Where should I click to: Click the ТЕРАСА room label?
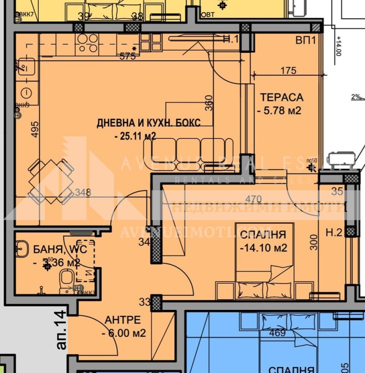282,97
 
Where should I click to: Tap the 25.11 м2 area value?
136,136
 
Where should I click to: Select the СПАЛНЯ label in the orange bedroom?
263,235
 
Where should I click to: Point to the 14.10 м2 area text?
263,248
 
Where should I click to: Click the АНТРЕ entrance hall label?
122,320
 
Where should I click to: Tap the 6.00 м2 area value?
124,333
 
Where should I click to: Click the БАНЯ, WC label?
57,249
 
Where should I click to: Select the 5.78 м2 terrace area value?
279,110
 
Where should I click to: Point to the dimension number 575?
128,57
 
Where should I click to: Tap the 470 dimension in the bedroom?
253,199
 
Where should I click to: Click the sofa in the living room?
189,151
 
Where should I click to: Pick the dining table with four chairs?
51,182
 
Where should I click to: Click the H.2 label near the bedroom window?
334,233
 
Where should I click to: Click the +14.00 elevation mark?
338,46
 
